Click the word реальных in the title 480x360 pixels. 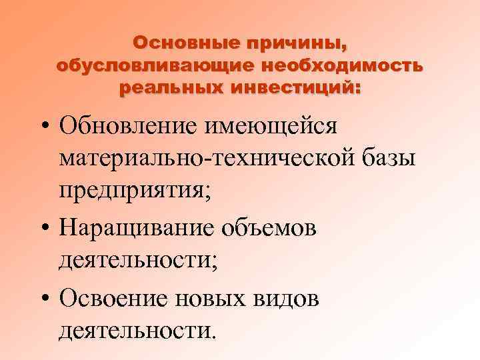point(166,87)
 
